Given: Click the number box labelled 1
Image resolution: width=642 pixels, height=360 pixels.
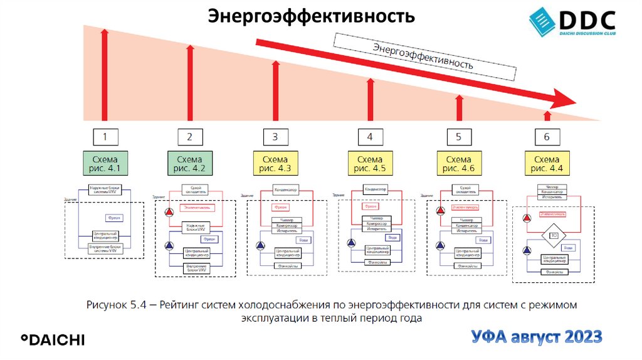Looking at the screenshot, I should tap(105, 136).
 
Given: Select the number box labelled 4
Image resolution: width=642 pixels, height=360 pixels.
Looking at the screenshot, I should tap(370, 136).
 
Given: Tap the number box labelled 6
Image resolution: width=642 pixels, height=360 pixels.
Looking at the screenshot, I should tap(547, 136).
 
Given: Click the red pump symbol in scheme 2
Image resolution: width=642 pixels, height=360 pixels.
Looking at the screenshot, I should tap(168, 213).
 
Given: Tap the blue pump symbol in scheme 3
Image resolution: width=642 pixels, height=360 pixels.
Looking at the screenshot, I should tap(261, 245).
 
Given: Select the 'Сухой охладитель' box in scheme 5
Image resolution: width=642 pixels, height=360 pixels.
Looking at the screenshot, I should tap(465, 188).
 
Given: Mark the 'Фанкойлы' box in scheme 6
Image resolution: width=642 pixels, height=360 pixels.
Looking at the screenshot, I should tap(553, 272).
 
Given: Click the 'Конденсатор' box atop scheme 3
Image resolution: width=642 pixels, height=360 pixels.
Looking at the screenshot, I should tap(285, 189).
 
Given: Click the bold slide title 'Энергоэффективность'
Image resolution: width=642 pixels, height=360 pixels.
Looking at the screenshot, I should tap(311, 15).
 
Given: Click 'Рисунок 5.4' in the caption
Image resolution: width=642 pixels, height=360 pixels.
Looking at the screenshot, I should tap(117, 305).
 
